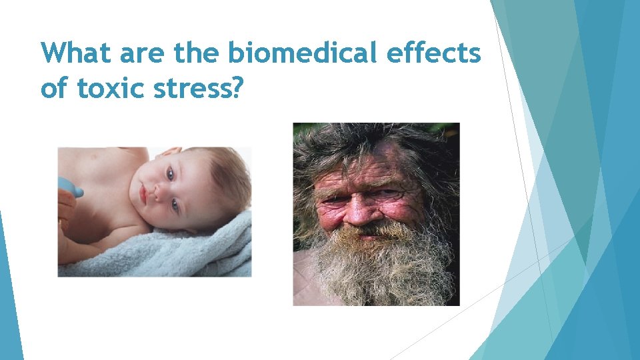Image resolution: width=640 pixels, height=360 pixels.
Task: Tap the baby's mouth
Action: click(x=142, y=195)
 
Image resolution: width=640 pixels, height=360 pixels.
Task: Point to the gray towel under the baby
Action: click(x=167, y=253)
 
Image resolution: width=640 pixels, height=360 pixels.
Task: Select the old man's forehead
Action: click(x=373, y=167)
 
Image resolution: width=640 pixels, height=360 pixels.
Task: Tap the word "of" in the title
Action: click(x=55, y=87)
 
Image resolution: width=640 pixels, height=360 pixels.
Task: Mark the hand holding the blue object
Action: click(x=65, y=203)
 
